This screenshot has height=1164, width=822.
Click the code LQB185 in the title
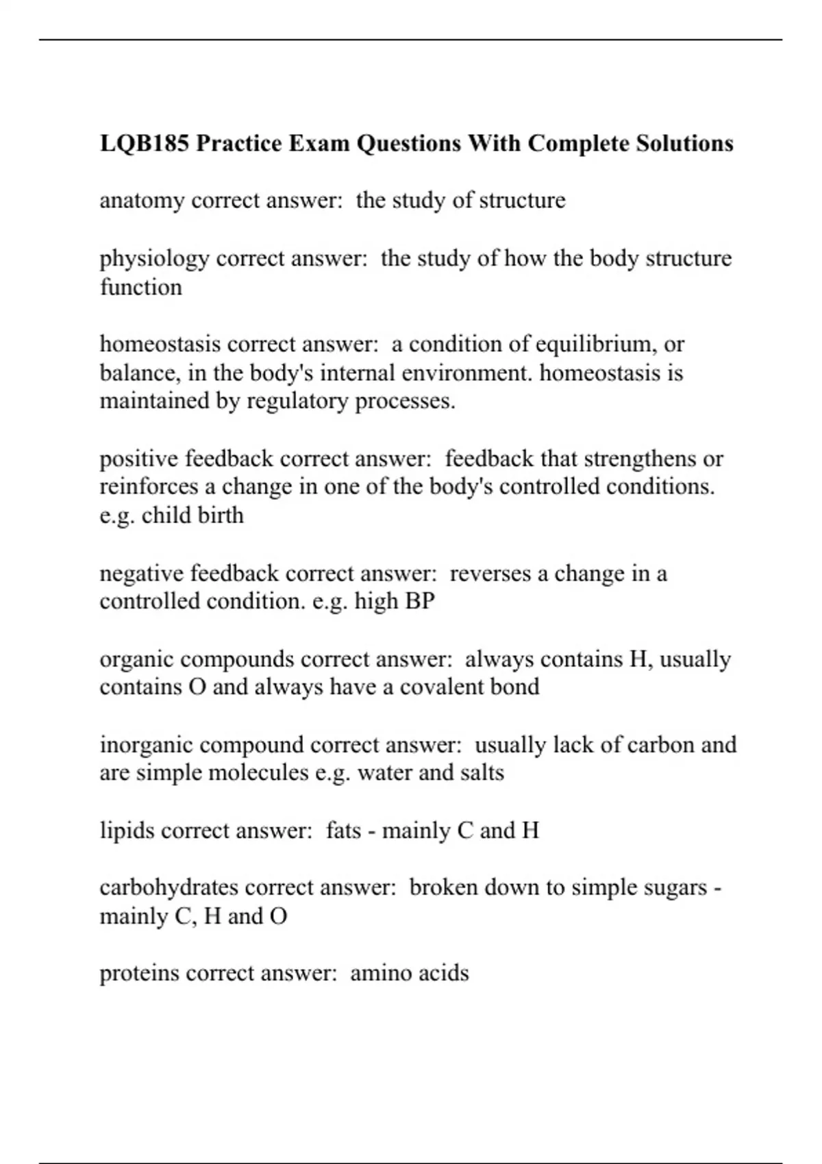coord(144,144)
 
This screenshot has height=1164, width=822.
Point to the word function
coord(141,287)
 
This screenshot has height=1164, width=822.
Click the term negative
coord(142,574)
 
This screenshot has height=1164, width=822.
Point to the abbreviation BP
coord(420,601)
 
